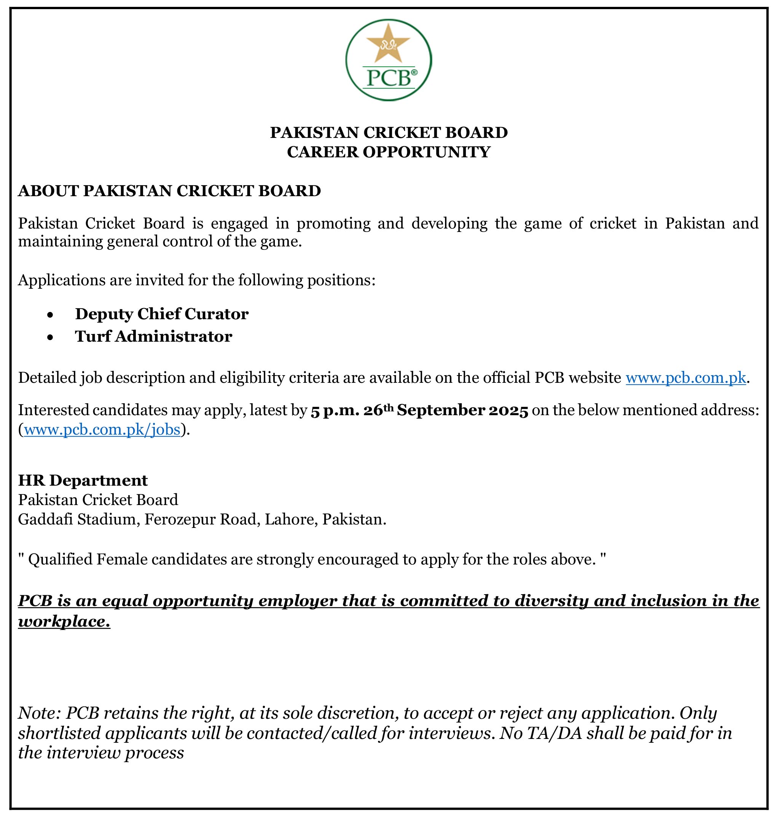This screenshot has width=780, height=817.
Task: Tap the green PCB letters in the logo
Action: click(x=386, y=78)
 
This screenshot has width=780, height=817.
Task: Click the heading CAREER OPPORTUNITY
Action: click(x=389, y=152)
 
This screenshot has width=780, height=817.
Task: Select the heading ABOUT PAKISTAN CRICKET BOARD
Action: click(x=169, y=191)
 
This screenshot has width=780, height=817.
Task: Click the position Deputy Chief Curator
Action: click(x=162, y=314)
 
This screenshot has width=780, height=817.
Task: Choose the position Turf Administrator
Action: click(x=153, y=337)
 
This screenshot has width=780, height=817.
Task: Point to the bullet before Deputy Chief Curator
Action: click(x=50, y=315)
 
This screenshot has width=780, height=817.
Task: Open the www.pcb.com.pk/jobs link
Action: click(x=102, y=430)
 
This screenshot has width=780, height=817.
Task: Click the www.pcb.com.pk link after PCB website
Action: click(x=686, y=378)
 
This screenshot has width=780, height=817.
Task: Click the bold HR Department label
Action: click(x=83, y=480)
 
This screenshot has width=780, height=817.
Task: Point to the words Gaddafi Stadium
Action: click(x=78, y=520)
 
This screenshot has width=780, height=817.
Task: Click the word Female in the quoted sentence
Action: click(x=122, y=560)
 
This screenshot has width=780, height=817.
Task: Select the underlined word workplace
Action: click(x=64, y=622)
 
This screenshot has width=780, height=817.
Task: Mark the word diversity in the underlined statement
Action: click(x=546, y=601)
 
